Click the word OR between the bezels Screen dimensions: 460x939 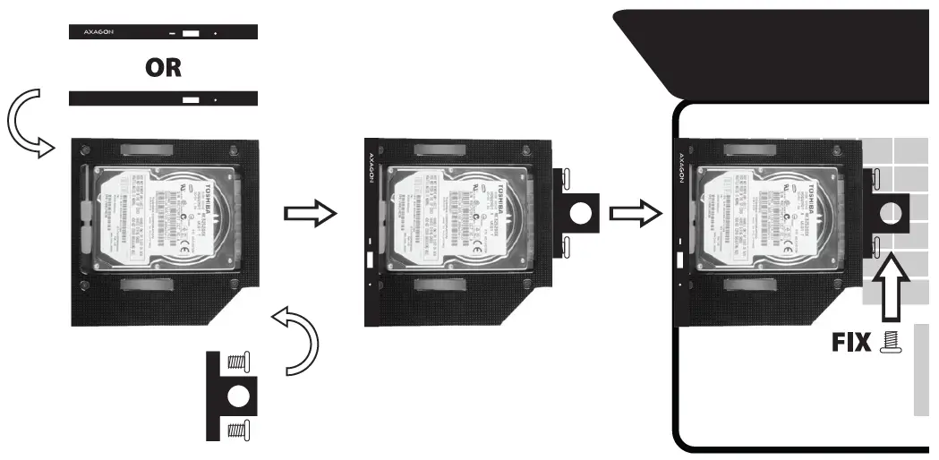point(163,68)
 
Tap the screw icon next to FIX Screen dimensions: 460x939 point(892,343)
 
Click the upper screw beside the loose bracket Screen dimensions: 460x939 point(238,362)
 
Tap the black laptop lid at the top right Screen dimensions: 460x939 point(779,49)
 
